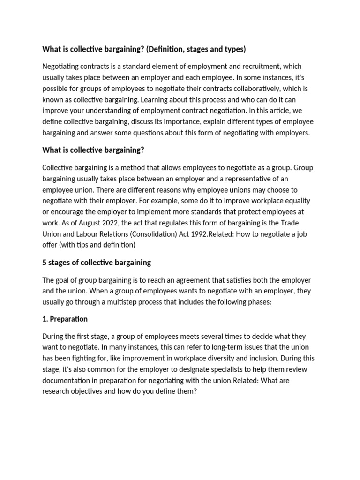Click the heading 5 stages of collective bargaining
[97, 262]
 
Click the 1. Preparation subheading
[65, 319]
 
